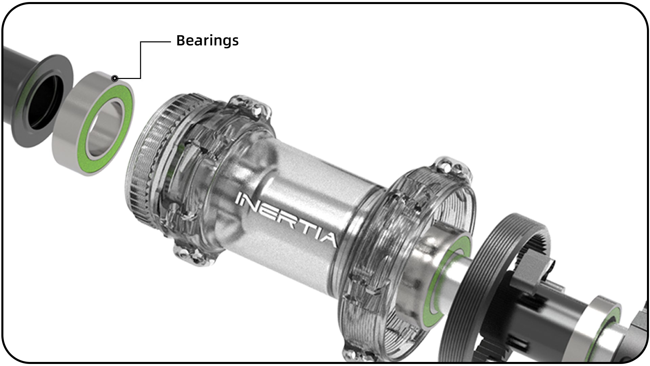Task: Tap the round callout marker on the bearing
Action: point(115,79)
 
